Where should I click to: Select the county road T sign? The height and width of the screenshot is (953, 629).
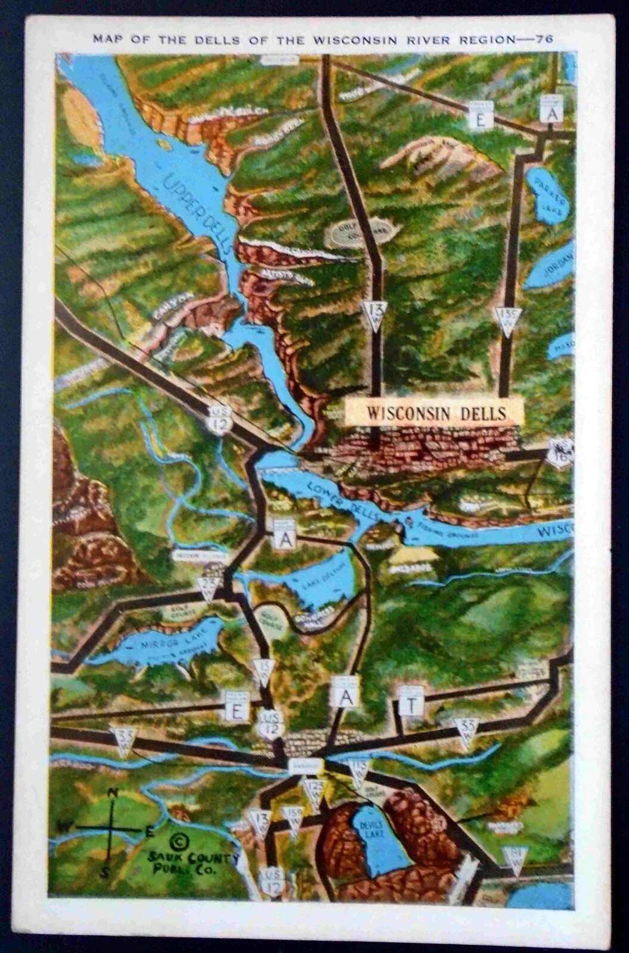click(411, 706)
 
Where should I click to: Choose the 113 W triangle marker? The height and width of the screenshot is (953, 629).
click(359, 773)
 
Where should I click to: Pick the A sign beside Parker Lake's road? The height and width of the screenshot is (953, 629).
click(551, 113)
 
